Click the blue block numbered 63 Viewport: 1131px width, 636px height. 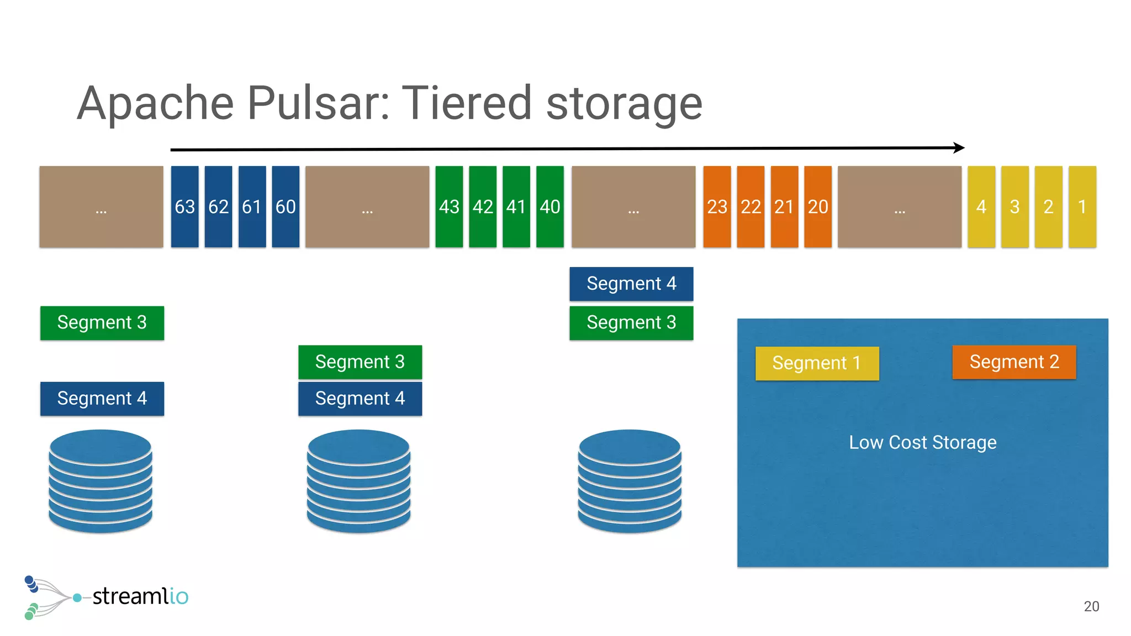coord(184,206)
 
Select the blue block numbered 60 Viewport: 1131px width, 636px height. coord(286,206)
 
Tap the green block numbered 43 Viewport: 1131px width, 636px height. coord(449,206)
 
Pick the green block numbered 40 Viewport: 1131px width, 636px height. coord(550,206)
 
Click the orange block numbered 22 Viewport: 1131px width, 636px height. coord(751,206)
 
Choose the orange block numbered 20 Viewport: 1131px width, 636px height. coord(818,206)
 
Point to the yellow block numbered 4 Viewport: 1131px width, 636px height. coord(981,206)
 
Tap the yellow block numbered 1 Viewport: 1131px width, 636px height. coord(1082,206)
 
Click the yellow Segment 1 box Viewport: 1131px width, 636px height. coord(817,363)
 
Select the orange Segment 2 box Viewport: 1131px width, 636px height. coord(1014,362)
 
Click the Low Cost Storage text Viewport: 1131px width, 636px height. coord(922,442)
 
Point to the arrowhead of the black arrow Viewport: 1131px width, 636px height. coord(960,147)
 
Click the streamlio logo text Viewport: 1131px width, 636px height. coord(140,596)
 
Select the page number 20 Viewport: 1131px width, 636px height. coord(1091,606)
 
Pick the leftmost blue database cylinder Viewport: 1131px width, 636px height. coord(101,481)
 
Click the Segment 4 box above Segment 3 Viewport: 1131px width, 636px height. coord(631,284)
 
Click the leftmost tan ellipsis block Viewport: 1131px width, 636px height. coord(101,206)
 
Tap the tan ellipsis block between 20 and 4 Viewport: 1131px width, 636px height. coord(900,206)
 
